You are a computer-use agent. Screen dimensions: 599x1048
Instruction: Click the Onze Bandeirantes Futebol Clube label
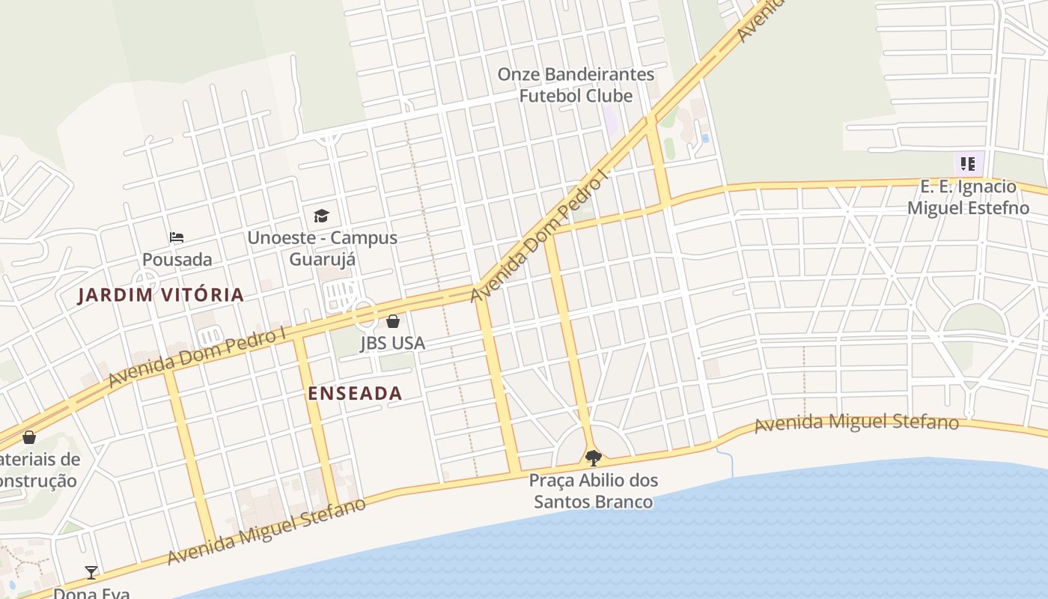pos(576,85)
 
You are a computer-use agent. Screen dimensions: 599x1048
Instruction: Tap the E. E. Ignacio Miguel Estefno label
pos(968,197)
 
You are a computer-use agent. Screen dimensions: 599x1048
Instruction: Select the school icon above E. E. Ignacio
pos(968,163)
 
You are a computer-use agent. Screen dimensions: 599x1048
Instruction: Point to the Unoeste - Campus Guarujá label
pos(323,249)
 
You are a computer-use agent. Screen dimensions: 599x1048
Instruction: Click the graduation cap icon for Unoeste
pos(321,216)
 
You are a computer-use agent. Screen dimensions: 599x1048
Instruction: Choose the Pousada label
pos(177,260)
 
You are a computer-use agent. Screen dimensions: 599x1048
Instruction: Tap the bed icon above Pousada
pos(177,237)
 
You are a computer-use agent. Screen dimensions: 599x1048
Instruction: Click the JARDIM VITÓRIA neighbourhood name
pos(161,295)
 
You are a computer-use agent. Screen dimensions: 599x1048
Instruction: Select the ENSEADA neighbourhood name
pos(355,394)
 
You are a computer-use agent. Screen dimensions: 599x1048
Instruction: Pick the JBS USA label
pos(392,343)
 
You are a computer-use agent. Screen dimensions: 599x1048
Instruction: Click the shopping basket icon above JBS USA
pos(393,321)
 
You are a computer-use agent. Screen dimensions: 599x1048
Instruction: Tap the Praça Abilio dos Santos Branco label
pos(594,490)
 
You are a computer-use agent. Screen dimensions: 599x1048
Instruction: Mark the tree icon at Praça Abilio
pos(593,457)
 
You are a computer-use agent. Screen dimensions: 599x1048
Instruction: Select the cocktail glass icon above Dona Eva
pos(91,573)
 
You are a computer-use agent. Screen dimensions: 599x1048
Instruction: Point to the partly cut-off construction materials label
pos(37,469)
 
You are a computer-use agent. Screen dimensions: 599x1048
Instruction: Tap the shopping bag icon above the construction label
pos(29,437)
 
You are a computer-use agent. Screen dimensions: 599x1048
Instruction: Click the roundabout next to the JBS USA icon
pos(365,314)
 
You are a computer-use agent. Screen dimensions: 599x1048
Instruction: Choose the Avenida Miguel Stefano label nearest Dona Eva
pos(266,530)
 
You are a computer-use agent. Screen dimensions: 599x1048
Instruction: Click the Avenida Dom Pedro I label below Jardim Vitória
pos(198,356)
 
